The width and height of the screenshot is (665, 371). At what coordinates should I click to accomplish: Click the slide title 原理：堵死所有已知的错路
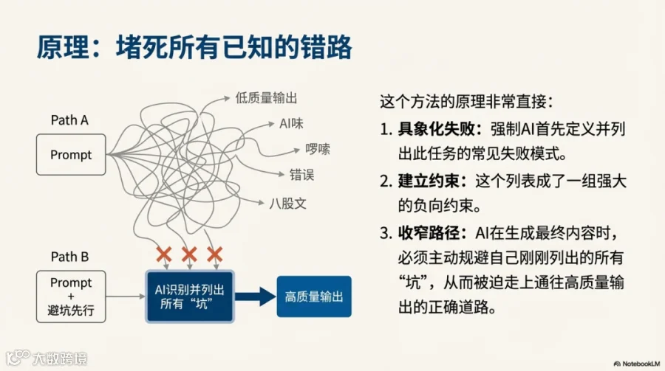point(194,46)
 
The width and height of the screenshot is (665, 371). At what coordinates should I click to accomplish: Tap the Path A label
point(69,120)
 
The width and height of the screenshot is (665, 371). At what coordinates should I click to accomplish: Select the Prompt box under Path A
point(71,155)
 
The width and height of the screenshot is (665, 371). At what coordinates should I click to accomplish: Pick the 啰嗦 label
point(318,149)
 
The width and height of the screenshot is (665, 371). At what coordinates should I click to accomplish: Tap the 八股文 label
point(288,203)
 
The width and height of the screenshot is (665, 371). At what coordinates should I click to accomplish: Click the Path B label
point(69,257)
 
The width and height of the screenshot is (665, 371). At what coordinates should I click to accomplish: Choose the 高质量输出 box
point(314,297)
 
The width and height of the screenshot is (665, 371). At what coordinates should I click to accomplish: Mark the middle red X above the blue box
point(189,255)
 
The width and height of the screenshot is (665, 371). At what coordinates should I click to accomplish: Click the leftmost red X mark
point(164,255)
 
